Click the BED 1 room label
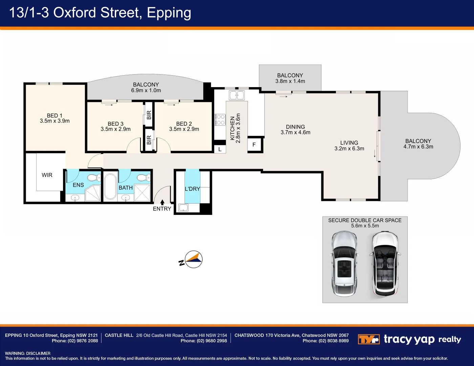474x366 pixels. (55, 116)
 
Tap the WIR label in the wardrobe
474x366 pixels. (47, 175)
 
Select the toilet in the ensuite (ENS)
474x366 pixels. (94, 178)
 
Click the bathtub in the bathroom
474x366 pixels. (110, 186)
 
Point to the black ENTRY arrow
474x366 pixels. (162, 202)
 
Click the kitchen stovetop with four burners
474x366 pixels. (220, 120)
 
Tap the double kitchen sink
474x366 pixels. (237, 95)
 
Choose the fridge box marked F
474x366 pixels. (254, 144)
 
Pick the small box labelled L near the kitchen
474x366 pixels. (220, 149)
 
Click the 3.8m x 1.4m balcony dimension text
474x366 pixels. (290, 81)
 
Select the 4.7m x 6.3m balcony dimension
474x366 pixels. (418, 147)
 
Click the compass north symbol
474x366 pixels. (191, 260)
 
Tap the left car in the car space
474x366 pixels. (344, 264)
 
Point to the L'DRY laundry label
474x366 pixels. (192, 189)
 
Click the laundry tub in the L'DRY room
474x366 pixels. (183, 207)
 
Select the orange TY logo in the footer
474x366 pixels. (369, 339)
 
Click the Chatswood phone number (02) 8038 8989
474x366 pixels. (334, 341)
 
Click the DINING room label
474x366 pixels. (295, 127)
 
